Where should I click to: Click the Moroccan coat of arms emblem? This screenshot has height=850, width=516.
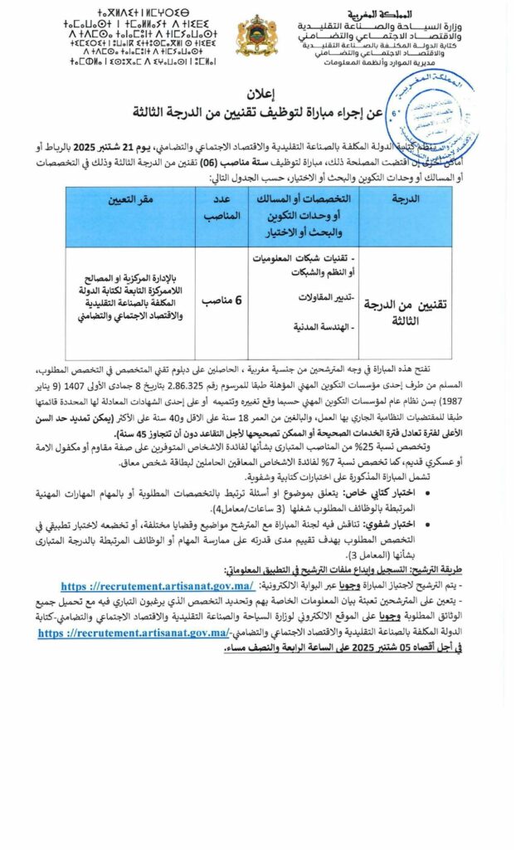(257, 36)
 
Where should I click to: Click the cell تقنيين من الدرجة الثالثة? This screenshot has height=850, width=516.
(406, 311)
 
